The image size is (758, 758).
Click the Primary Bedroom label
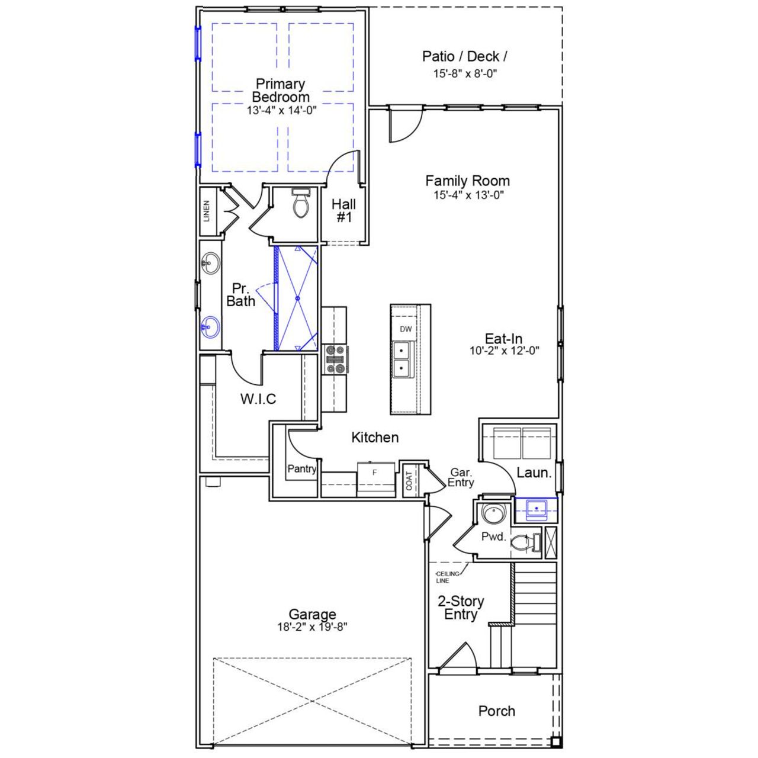[281, 90]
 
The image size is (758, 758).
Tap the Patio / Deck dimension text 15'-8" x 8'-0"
[464, 74]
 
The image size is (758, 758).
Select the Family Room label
[467, 181]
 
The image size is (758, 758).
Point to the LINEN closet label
[207, 211]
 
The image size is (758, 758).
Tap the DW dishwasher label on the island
[405, 329]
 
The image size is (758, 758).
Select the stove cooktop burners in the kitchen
[335, 360]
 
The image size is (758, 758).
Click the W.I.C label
[258, 399]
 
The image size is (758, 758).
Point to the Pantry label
[302, 469]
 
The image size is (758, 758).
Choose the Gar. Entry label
[461, 477]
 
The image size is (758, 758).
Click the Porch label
[497, 711]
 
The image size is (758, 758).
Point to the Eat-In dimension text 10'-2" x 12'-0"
[505, 351]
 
